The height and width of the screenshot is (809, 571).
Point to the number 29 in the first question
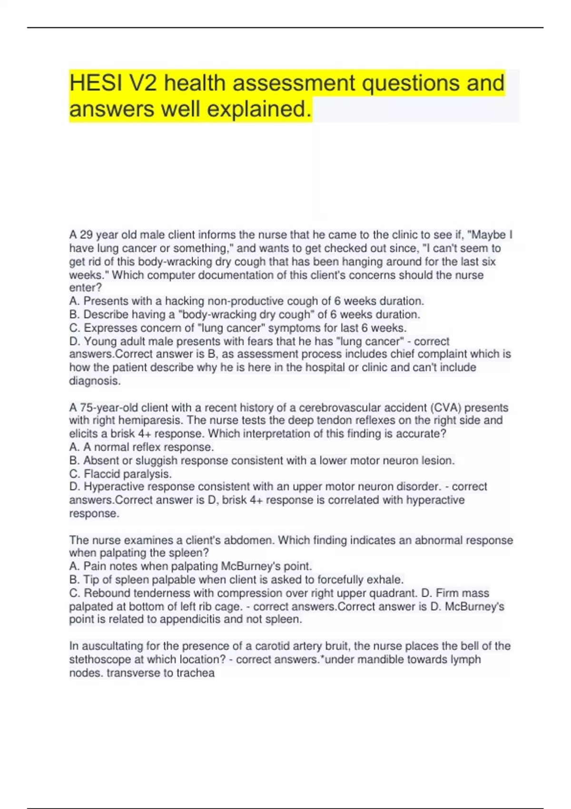click(86, 235)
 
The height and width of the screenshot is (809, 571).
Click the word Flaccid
click(101, 474)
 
